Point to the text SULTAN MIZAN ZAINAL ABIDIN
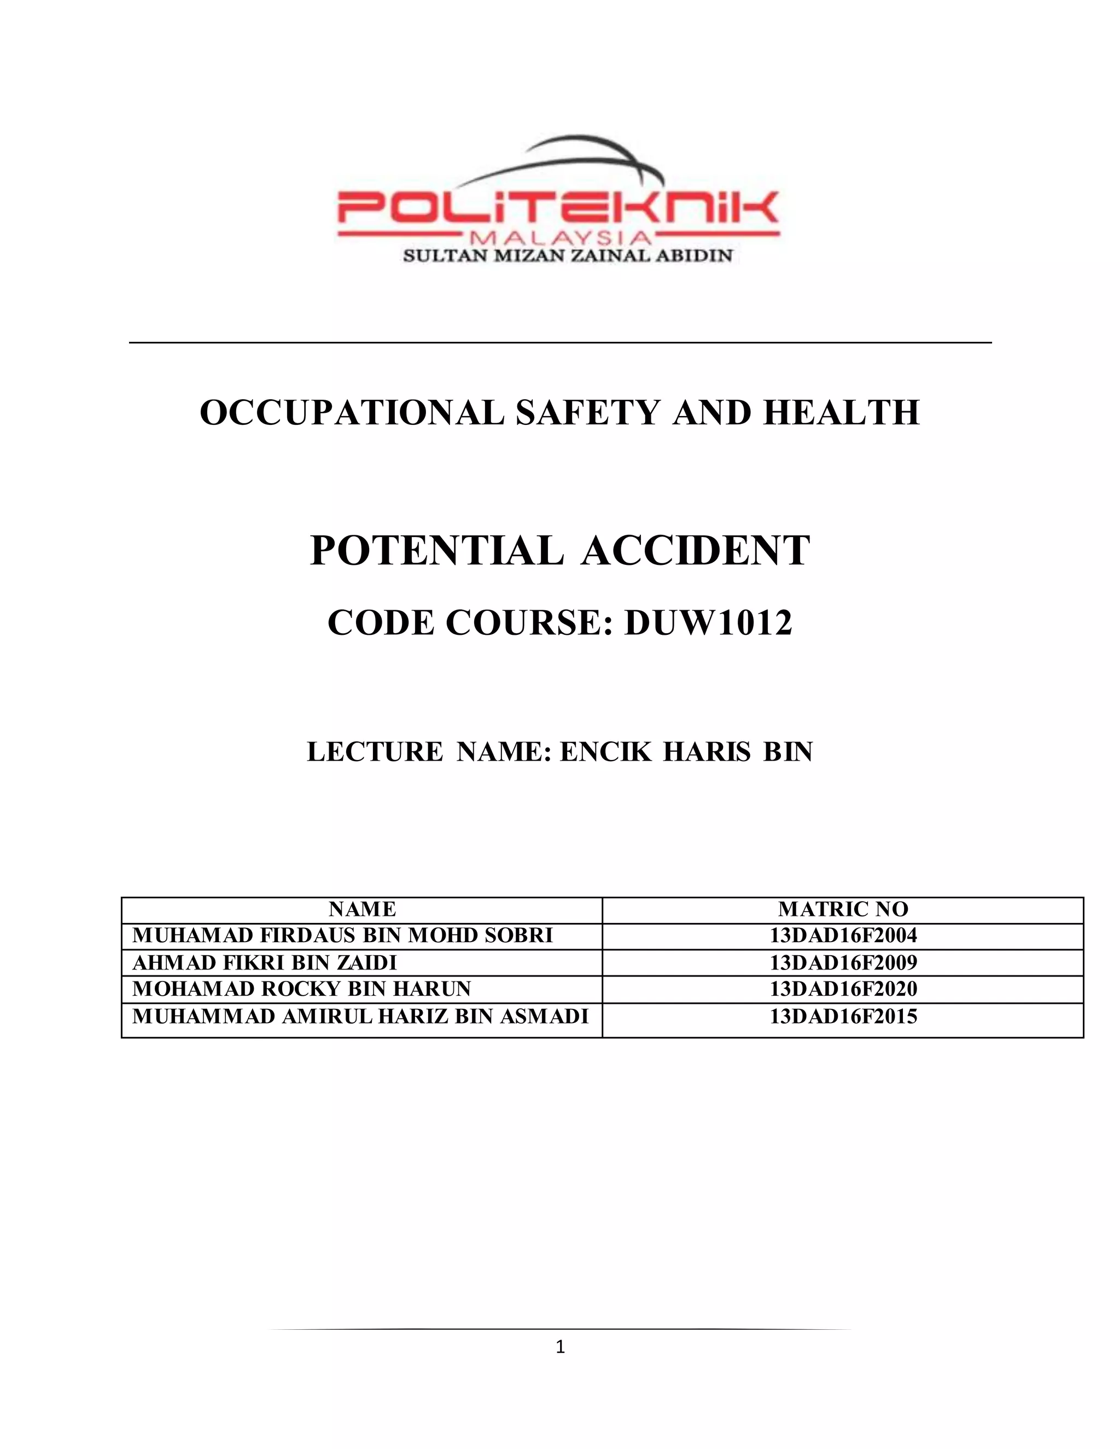pyautogui.click(x=568, y=256)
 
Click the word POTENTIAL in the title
pyautogui.click(x=436, y=551)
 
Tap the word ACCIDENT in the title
pyautogui.click(x=696, y=551)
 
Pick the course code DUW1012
pyautogui.click(x=708, y=623)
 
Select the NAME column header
pyautogui.click(x=362, y=909)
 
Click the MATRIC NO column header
pyautogui.click(x=843, y=909)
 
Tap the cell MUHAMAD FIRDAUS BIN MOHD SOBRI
pyautogui.click(x=342, y=936)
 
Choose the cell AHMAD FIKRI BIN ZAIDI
pyautogui.click(x=265, y=963)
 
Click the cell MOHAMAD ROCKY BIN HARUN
pyautogui.click(x=301, y=989)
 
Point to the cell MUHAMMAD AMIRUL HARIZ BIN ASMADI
pyautogui.click(x=360, y=1016)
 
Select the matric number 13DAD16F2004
pyautogui.click(x=843, y=936)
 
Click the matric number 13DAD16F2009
pyautogui.click(x=843, y=963)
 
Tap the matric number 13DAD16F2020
pyautogui.click(x=843, y=989)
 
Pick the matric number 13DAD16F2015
pyautogui.click(x=843, y=1016)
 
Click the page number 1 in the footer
pyautogui.click(x=560, y=1346)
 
